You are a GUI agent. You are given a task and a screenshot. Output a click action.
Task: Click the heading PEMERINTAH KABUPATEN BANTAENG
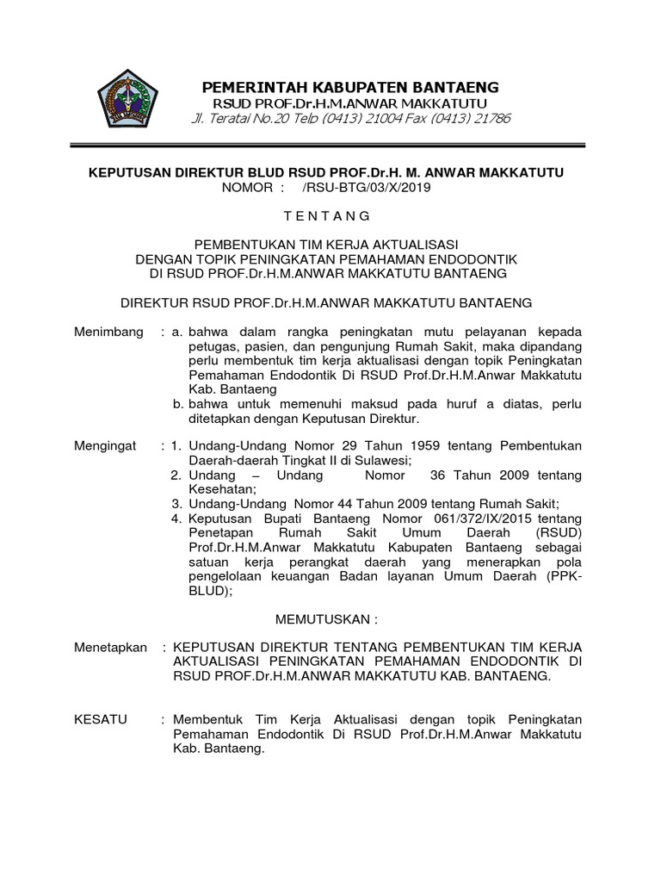coord(349,88)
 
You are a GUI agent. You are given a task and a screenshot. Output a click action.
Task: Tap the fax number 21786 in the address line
coord(491,118)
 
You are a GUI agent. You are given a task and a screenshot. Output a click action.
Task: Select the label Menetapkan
coord(110,647)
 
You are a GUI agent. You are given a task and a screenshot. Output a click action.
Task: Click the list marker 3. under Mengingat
coord(176,504)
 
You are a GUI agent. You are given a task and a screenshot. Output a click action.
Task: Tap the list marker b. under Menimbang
coord(178,404)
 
